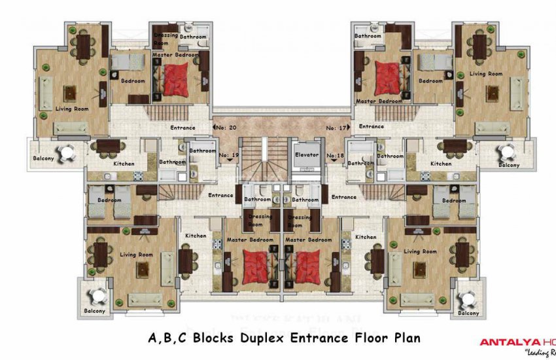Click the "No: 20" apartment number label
[x=226, y=128]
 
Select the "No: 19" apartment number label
[x=230, y=155]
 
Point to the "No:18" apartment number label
[x=335, y=155]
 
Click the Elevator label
[x=306, y=155]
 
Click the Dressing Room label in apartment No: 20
[x=162, y=39]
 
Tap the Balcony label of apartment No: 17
[x=509, y=166]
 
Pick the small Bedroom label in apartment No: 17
[x=430, y=81]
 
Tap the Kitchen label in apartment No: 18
[x=366, y=236]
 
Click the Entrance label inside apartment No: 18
[x=343, y=196]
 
